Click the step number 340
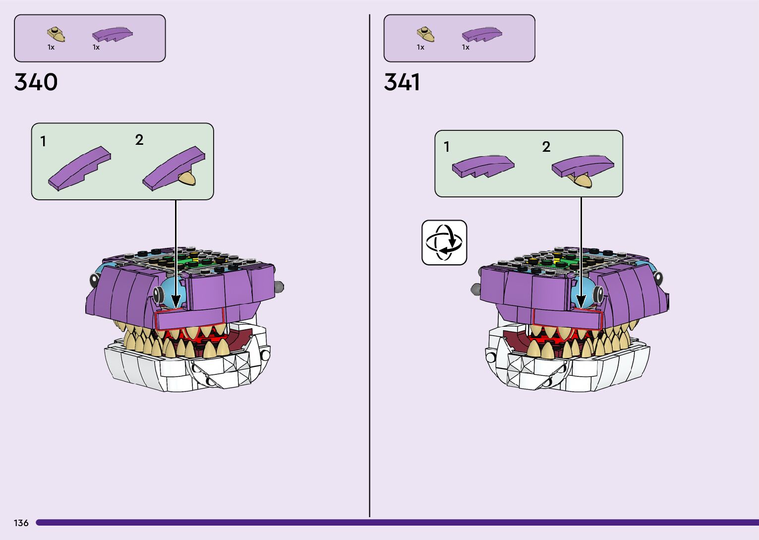point(36,82)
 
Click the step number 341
point(402,82)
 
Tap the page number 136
point(21,523)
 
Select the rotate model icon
point(444,242)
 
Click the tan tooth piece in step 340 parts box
point(56,34)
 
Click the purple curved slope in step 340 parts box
point(113,34)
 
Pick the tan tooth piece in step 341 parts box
point(426,34)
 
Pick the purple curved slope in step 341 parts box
point(482,34)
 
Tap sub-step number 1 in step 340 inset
point(44,142)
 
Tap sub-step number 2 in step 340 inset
point(139,140)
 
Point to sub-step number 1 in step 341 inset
point(447,147)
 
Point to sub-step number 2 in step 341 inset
point(546,147)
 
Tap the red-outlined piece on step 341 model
point(566,317)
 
